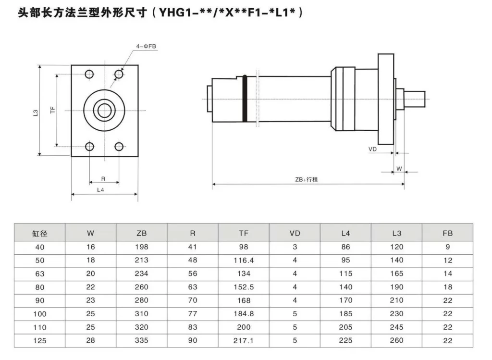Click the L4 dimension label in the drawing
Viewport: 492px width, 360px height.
[x=101, y=190]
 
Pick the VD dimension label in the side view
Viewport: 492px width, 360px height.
[x=372, y=149]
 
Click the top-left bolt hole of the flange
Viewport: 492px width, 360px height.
[x=89, y=74]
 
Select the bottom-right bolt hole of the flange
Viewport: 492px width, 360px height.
[x=119, y=147]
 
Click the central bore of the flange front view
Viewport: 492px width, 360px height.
[x=104, y=111]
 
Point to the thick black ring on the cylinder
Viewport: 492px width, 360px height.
[x=245, y=98]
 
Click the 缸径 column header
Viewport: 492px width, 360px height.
[x=40, y=234]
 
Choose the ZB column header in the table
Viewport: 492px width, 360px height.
[x=142, y=234]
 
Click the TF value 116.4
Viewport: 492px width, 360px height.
[x=244, y=260]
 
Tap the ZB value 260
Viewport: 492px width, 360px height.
[x=142, y=287]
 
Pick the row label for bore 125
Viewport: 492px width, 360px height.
[x=40, y=340]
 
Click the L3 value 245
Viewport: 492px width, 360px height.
[x=396, y=327]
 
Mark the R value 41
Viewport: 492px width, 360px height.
[x=193, y=247]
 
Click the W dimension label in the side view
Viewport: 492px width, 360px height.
[x=399, y=169]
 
